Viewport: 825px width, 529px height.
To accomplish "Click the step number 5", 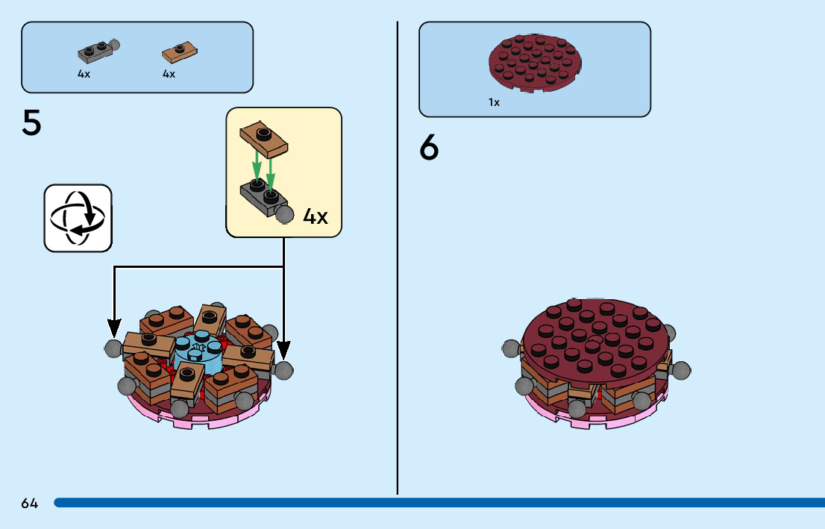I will tap(32, 124).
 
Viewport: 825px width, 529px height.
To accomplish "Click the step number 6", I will tap(429, 148).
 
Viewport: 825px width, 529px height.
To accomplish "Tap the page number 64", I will tap(30, 504).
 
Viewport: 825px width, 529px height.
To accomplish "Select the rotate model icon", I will tap(78, 217).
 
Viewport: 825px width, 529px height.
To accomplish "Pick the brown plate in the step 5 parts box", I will tap(180, 52).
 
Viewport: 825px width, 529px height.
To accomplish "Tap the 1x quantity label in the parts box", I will tap(494, 103).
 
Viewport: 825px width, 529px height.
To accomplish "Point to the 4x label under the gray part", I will tap(84, 75).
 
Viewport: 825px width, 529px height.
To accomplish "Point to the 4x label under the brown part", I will tap(169, 75).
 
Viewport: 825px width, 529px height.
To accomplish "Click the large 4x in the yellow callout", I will tap(316, 217).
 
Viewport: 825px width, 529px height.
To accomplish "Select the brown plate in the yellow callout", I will tap(264, 140).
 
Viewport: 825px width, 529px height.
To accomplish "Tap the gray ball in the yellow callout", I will tap(284, 215).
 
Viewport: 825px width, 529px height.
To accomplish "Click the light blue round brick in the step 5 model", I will tap(199, 354).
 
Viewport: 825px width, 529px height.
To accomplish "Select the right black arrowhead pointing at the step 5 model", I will tap(283, 348).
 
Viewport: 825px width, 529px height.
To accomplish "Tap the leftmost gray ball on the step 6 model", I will tap(511, 348).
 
